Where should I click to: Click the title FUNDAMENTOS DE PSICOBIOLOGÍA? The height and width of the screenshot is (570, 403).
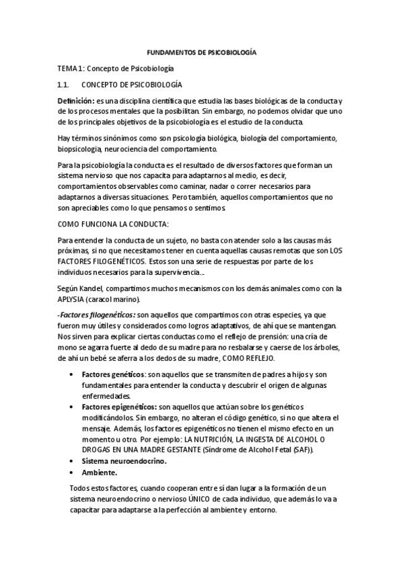click(x=201, y=52)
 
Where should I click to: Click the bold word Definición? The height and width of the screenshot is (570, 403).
click(x=75, y=100)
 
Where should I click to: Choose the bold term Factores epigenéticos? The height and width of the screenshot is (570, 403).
click(x=117, y=406)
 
